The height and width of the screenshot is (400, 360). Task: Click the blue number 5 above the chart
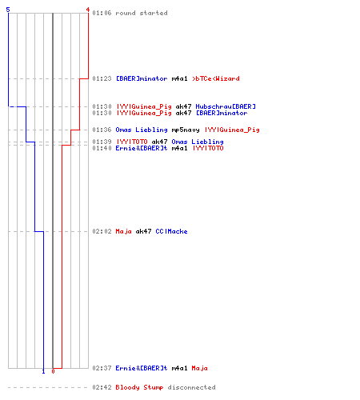(x=8, y=10)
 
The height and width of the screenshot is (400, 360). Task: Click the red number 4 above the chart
(x=87, y=10)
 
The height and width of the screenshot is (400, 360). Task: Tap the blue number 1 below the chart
(x=43, y=371)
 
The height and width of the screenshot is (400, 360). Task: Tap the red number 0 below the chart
(x=53, y=371)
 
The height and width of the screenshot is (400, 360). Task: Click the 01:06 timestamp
(x=102, y=13)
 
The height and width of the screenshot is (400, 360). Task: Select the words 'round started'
(x=142, y=13)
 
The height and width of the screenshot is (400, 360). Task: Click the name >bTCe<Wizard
(x=216, y=78)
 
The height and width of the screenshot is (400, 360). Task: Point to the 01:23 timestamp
(x=102, y=78)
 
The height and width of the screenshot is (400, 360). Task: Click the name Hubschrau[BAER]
(x=226, y=106)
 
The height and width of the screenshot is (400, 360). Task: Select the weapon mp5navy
(x=186, y=130)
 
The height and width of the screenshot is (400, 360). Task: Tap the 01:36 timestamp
(x=102, y=130)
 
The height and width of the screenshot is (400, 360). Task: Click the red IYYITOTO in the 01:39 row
(x=132, y=142)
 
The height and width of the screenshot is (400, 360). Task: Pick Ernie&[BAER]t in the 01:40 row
(x=142, y=148)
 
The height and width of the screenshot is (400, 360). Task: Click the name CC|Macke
(x=171, y=231)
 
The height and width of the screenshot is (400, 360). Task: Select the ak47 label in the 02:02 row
(x=143, y=231)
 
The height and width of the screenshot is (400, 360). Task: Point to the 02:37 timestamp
(x=102, y=368)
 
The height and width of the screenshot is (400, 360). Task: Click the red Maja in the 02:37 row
(x=199, y=368)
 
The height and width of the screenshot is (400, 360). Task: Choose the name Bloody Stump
(x=139, y=387)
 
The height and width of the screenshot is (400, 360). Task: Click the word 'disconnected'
(x=191, y=387)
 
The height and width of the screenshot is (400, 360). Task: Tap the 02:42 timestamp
(x=102, y=387)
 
